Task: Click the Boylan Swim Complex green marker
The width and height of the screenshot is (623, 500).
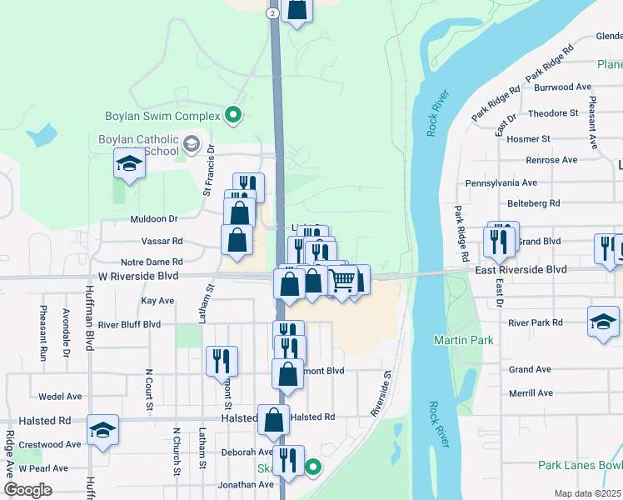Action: point(234,116)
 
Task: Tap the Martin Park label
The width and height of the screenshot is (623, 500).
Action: point(463,340)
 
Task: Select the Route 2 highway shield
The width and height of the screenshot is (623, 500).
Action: point(272,13)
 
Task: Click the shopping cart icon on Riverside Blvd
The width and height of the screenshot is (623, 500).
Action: point(341,282)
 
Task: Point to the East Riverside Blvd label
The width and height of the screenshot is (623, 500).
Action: point(521,270)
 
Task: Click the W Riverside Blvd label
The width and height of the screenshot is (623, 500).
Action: point(138,276)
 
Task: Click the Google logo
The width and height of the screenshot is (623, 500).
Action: point(27,490)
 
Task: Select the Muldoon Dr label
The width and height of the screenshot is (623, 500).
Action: point(154,219)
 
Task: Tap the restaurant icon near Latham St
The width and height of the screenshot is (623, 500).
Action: point(222,361)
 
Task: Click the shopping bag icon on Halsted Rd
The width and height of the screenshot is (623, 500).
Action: point(273,420)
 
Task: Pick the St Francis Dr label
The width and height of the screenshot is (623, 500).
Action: point(210,171)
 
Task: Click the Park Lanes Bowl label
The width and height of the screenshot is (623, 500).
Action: point(580,465)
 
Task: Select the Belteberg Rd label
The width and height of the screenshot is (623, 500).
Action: point(534,202)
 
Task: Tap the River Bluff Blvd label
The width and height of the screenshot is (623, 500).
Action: point(129,324)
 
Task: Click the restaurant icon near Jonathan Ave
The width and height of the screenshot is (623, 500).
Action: point(288,461)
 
